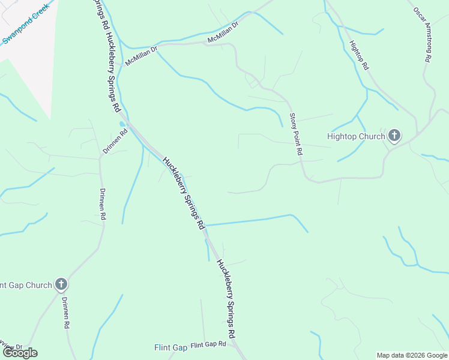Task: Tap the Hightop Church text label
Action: pos(356,136)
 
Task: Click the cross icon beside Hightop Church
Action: pos(394,136)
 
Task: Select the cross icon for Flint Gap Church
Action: pos(61,284)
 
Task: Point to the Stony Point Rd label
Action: pos(295,135)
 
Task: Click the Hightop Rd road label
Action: pos(358,56)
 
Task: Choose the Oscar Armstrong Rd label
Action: pos(423,34)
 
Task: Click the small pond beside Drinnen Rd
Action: pos(122,124)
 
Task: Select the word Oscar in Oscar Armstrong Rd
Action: pos(417,15)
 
